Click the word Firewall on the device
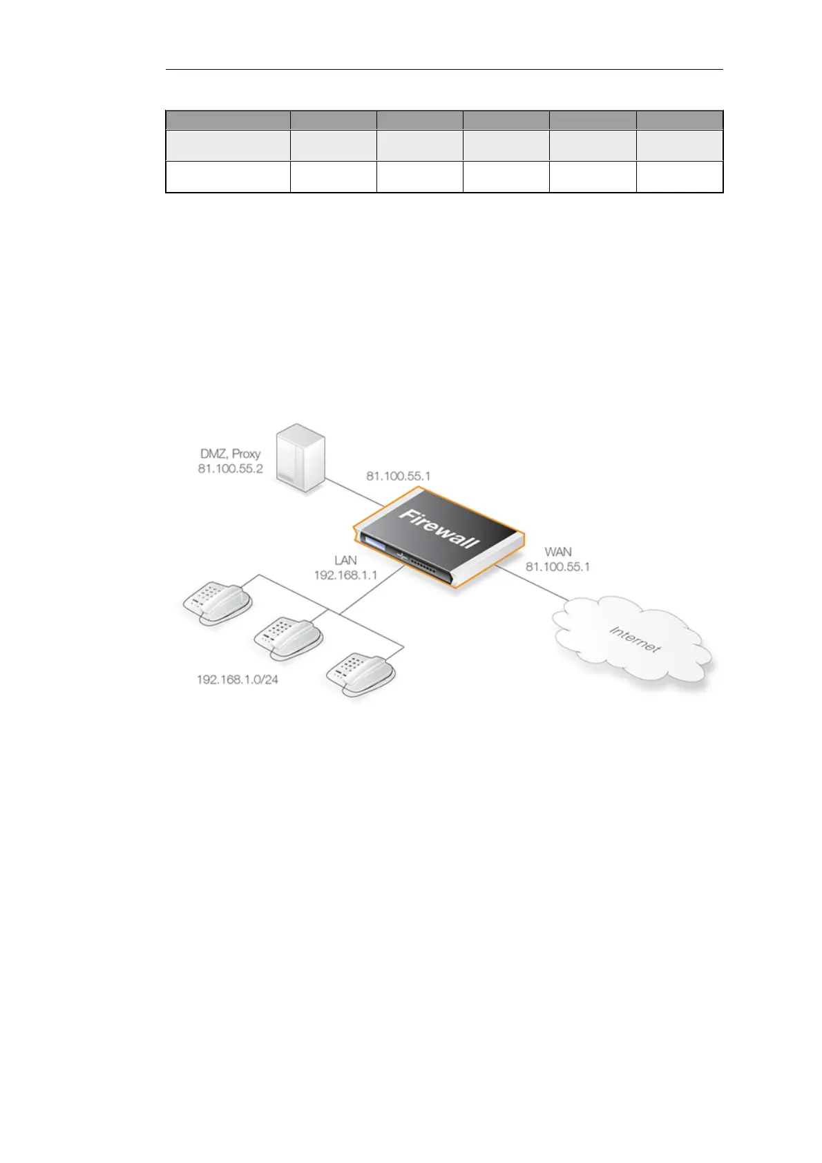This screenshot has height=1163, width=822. (439, 528)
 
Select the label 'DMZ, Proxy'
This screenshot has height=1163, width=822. (230, 454)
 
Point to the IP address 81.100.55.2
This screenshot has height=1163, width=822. (230, 468)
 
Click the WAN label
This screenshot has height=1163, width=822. (558, 552)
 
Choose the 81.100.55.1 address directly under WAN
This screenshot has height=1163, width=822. (558, 566)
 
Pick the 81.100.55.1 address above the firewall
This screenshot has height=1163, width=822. (398, 476)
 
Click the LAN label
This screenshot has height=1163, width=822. (345, 560)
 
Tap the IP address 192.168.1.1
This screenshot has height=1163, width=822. (345, 575)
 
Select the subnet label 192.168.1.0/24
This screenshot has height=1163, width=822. (238, 680)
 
